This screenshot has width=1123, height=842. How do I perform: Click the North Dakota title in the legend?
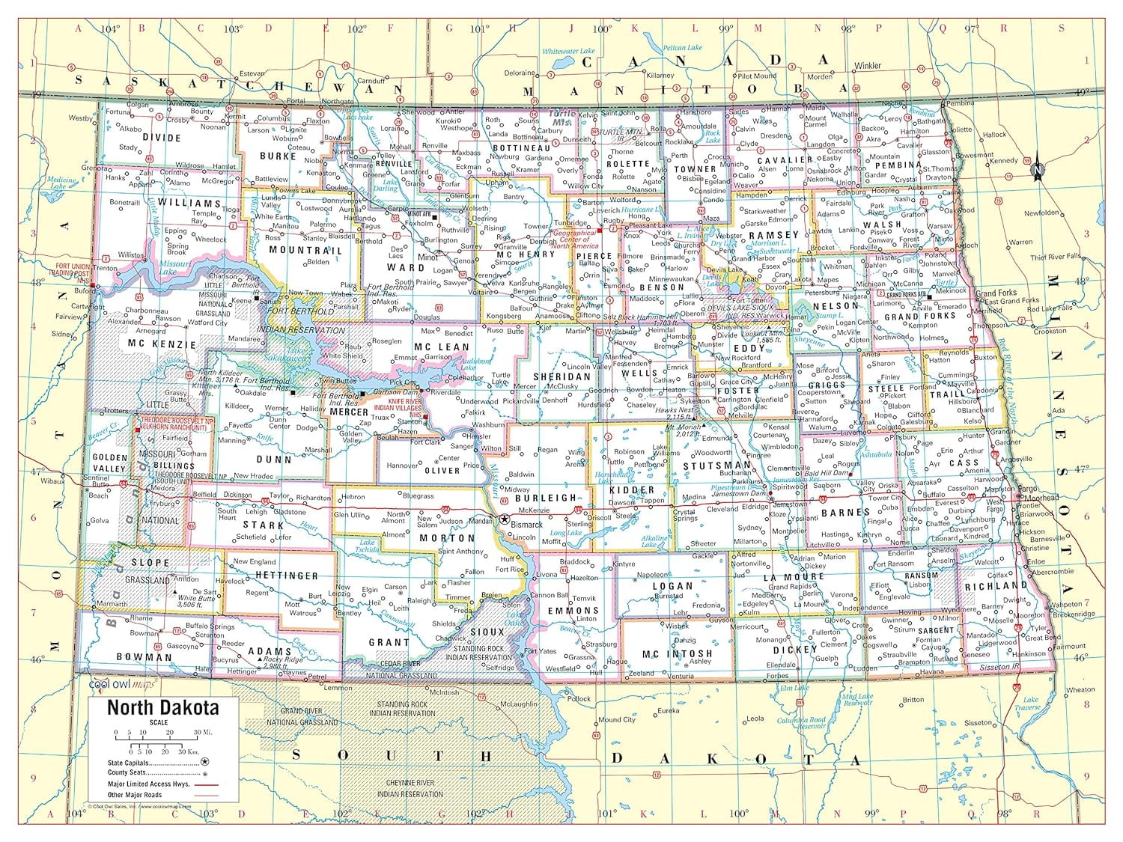(x=162, y=707)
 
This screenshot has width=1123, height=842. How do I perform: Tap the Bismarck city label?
(x=528, y=525)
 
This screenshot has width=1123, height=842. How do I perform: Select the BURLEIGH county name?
(x=545, y=498)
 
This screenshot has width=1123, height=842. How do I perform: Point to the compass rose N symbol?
(x=1038, y=169)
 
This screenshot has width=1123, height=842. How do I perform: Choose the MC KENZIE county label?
(x=161, y=344)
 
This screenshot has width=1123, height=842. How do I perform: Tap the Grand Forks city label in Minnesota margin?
(x=995, y=293)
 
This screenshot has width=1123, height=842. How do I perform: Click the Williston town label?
(x=130, y=255)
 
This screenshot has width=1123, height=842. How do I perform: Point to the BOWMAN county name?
(x=144, y=657)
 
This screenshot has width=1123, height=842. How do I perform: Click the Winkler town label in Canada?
(x=868, y=66)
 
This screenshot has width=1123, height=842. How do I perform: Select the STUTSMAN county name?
(x=716, y=465)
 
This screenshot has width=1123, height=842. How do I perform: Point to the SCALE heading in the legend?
(x=158, y=722)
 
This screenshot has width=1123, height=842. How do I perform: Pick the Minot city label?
(x=427, y=257)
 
